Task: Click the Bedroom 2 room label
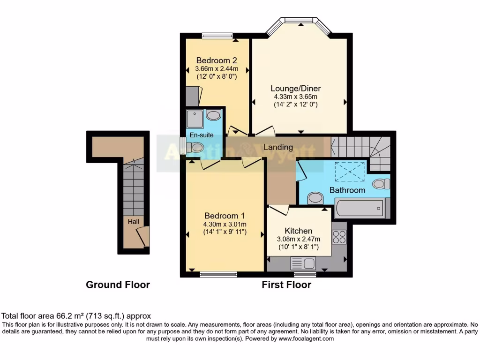216,60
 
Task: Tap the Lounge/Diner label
296,89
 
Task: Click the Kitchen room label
299,231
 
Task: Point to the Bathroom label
347,190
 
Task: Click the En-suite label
201,135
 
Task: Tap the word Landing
278,147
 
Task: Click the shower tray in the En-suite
195,119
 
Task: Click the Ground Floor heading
118,285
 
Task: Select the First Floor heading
286,285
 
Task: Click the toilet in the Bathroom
382,183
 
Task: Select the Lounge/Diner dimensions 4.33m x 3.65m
296,97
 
